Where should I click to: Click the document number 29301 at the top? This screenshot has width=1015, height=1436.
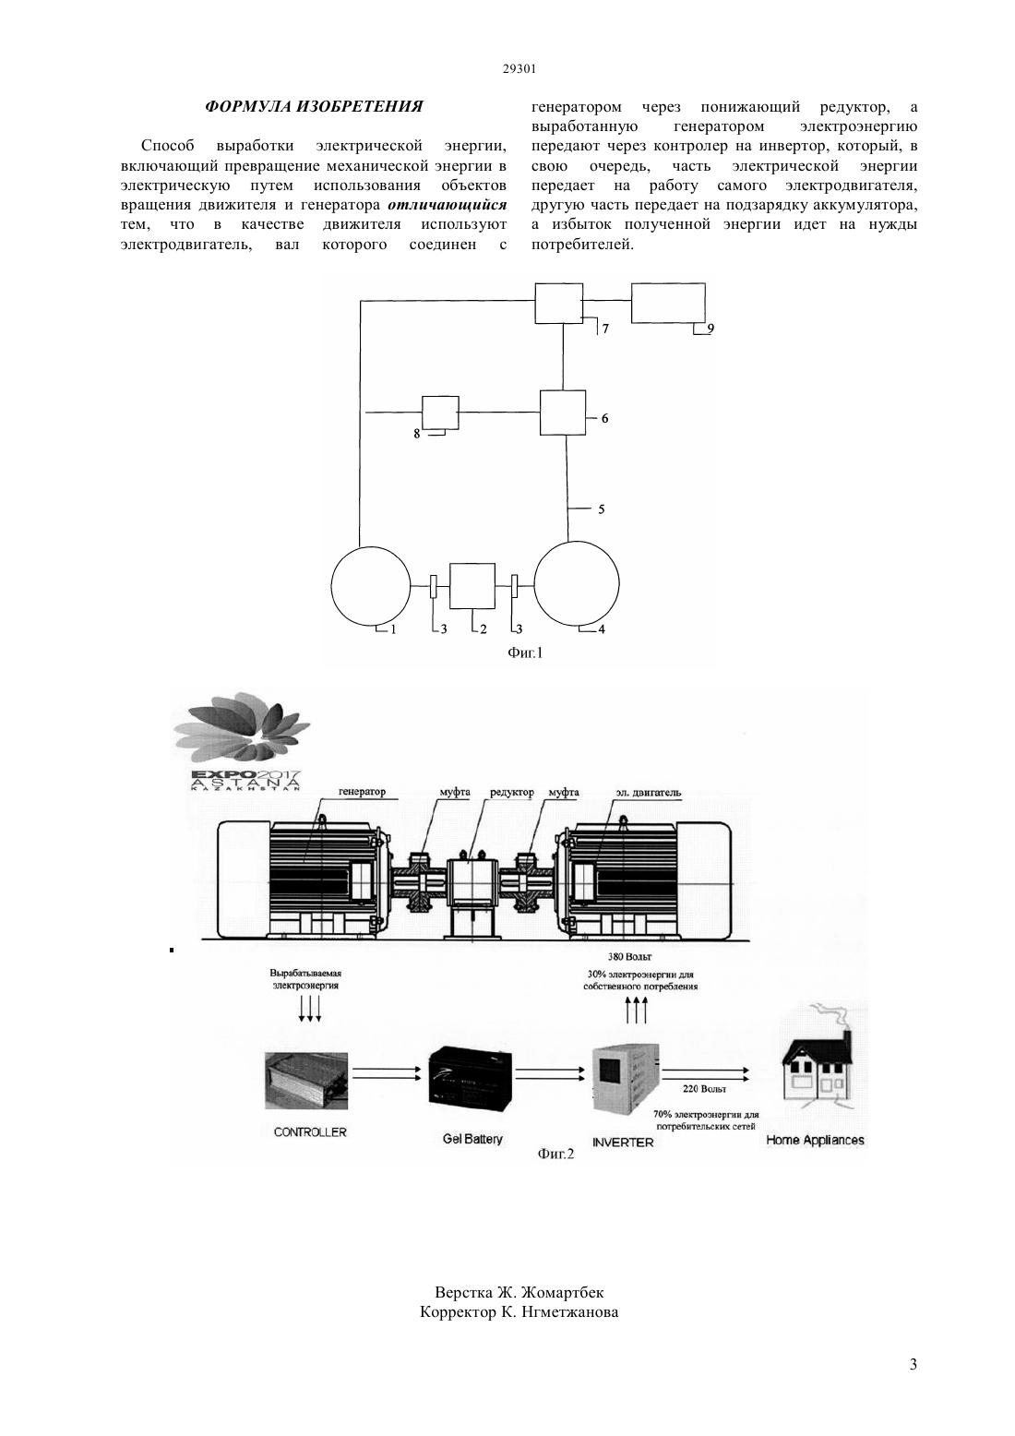[x=519, y=69]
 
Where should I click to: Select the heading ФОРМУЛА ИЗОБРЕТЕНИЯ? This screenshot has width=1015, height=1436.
[x=314, y=106]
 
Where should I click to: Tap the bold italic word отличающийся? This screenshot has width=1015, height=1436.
[x=448, y=205]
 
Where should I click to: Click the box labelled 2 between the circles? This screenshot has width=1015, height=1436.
[x=472, y=586]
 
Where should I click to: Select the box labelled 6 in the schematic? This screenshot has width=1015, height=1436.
[x=563, y=413]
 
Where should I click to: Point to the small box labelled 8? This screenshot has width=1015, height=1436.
[x=440, y=413]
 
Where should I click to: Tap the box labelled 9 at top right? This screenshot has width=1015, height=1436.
[x=668, y=304]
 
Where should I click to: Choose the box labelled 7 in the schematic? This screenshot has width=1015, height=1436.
[x=559, y=304]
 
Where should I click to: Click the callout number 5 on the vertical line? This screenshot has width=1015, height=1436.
[x=601, y=509]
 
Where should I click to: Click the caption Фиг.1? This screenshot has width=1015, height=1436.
[x=525, y=653]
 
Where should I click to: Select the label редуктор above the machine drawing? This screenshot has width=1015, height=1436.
[x=512, y=793]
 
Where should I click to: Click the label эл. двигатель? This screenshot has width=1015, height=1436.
[x=649, y=793]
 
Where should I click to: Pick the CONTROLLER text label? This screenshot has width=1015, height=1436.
[x=310, y=1132]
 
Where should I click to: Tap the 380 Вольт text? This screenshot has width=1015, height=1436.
[x=629, y=957]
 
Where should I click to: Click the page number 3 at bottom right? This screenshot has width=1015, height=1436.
[x=913, y=1364]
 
